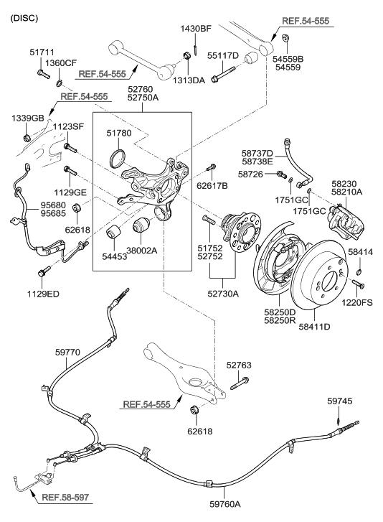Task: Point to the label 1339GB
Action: (x=27, y=118)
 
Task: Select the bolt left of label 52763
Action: (x=239, y=388)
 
